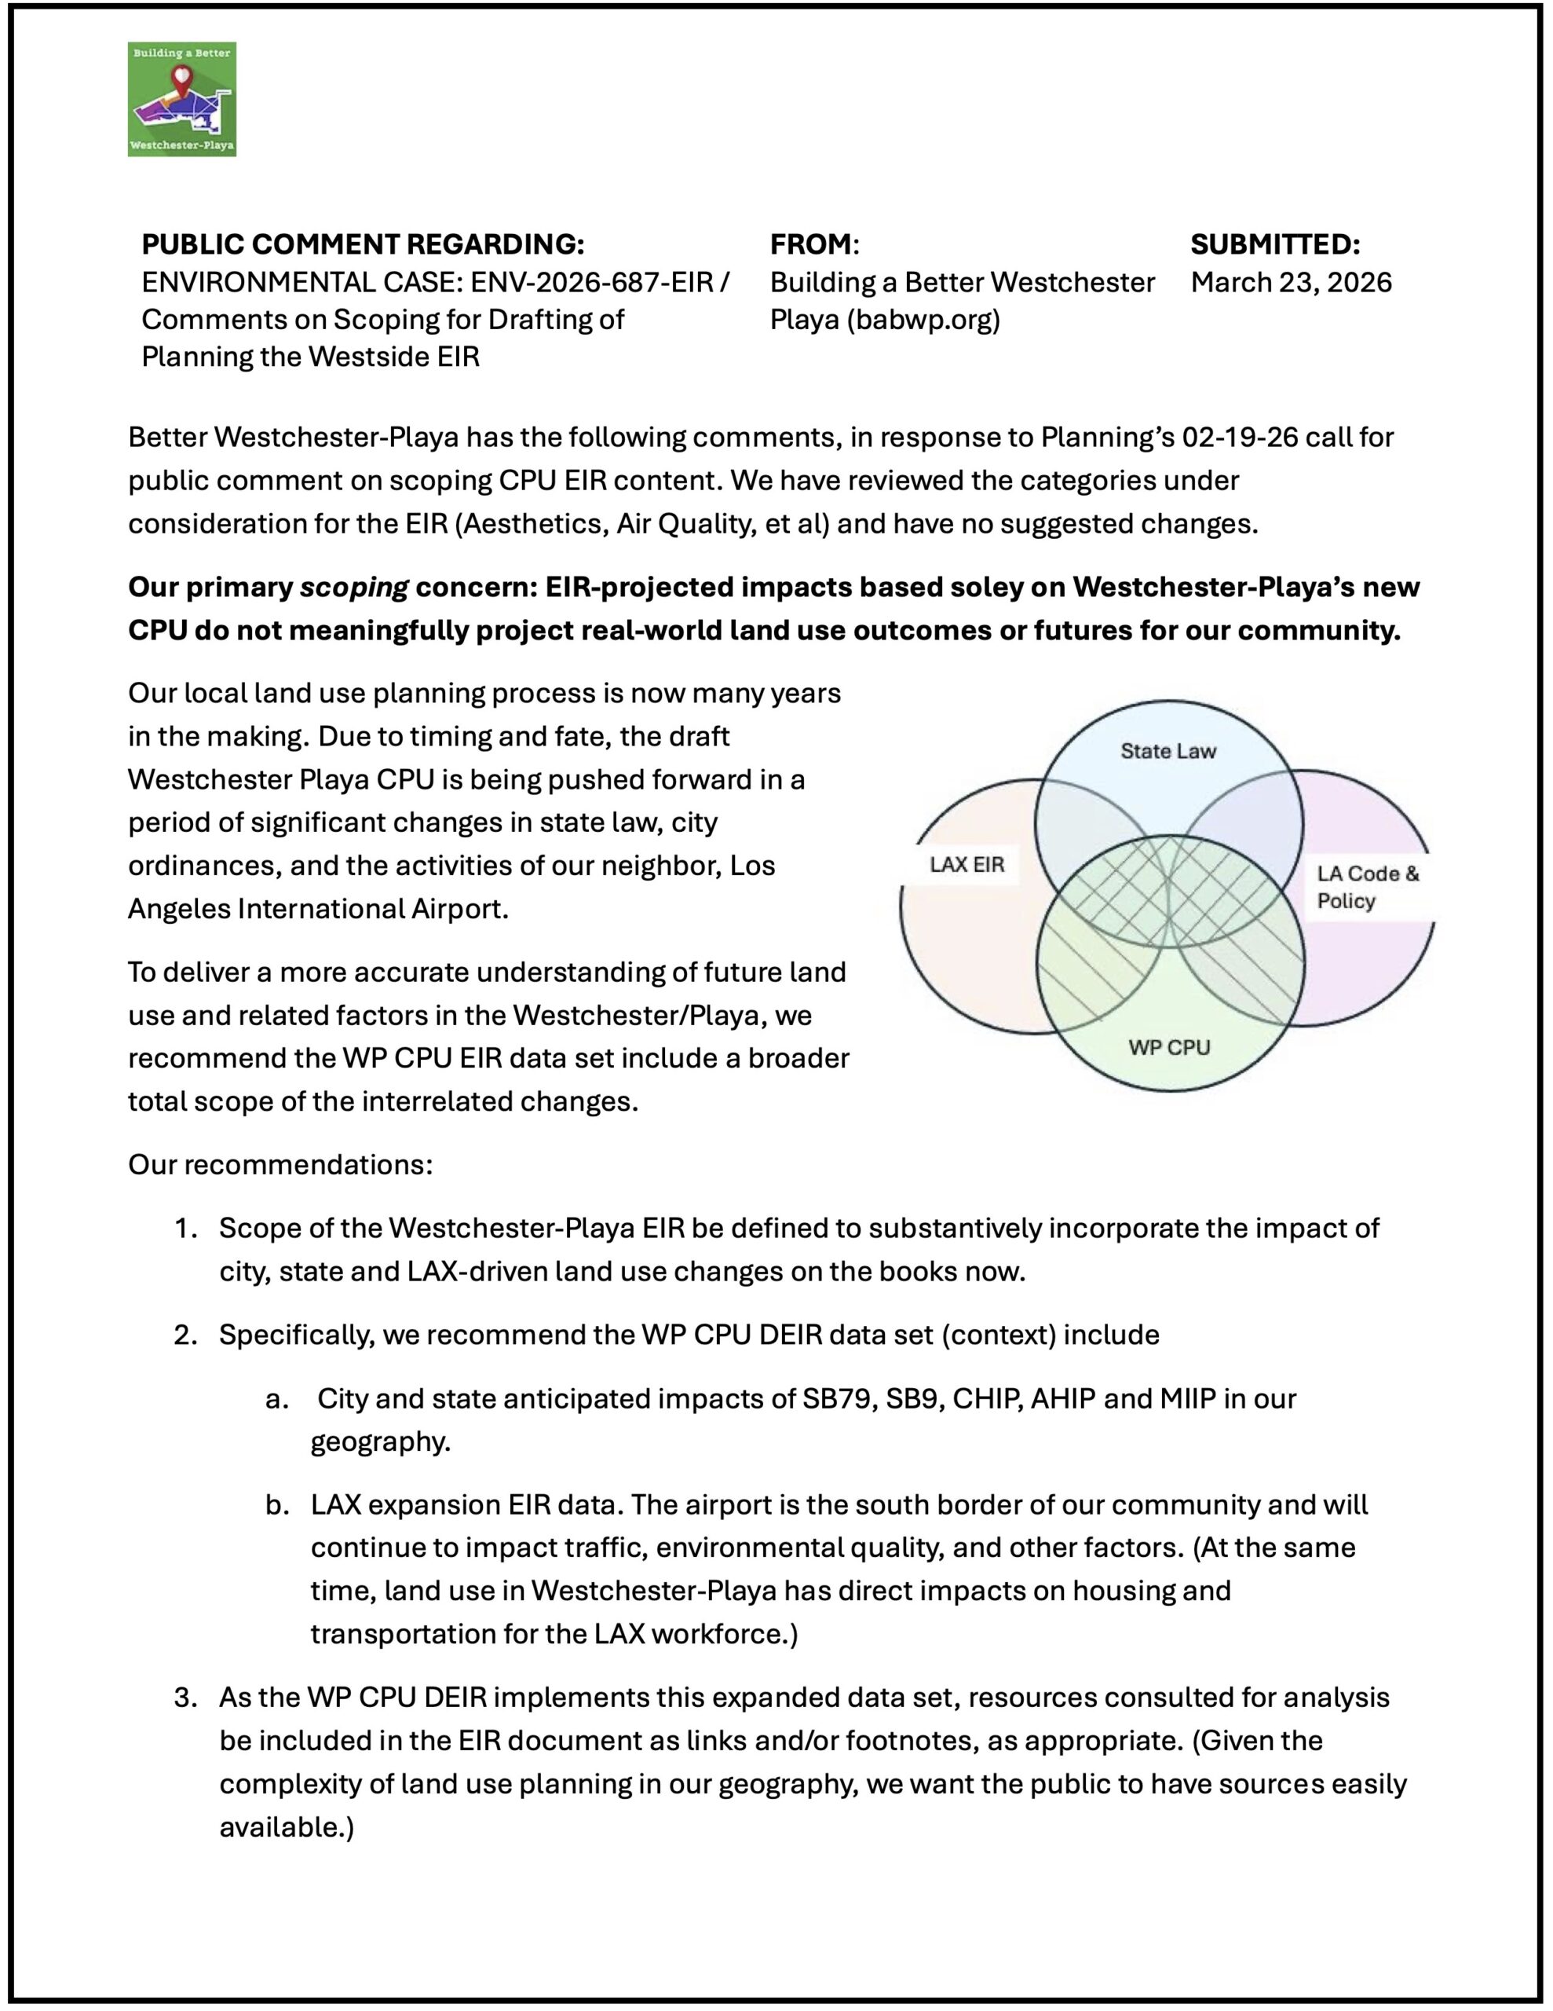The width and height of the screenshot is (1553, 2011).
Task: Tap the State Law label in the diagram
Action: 1167,750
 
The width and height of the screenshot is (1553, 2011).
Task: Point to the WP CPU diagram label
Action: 1168,1047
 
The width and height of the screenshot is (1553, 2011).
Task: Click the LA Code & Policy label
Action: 1367,887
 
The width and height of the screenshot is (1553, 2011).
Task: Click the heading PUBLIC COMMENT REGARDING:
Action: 363,244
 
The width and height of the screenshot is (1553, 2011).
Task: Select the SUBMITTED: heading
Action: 1274,244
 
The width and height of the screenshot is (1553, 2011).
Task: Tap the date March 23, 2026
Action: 1291,282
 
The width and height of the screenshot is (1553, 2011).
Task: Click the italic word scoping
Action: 353,587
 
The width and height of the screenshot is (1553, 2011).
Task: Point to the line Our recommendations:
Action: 280,1164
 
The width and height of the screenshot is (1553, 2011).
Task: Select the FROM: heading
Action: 813,244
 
